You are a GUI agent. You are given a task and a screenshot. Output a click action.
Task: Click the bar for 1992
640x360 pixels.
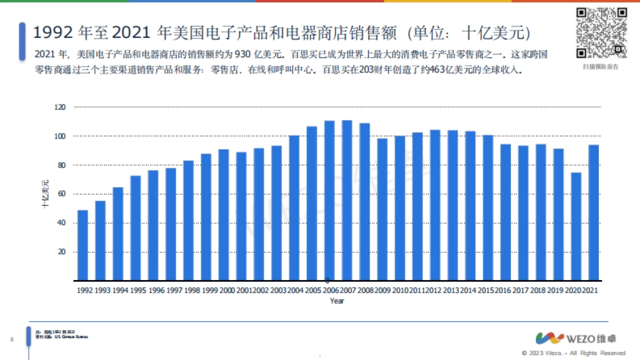coord(83,245)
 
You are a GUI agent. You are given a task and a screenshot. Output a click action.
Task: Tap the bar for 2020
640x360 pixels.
coord(576,226)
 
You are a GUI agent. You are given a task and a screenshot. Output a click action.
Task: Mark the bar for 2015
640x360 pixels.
coord(488,207)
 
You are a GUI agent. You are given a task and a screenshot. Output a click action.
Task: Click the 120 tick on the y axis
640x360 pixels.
coord(60,107)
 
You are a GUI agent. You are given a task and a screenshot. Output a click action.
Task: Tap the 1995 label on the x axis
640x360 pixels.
coord(139,290)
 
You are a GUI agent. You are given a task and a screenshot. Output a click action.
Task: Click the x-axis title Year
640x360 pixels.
coord(337,301)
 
